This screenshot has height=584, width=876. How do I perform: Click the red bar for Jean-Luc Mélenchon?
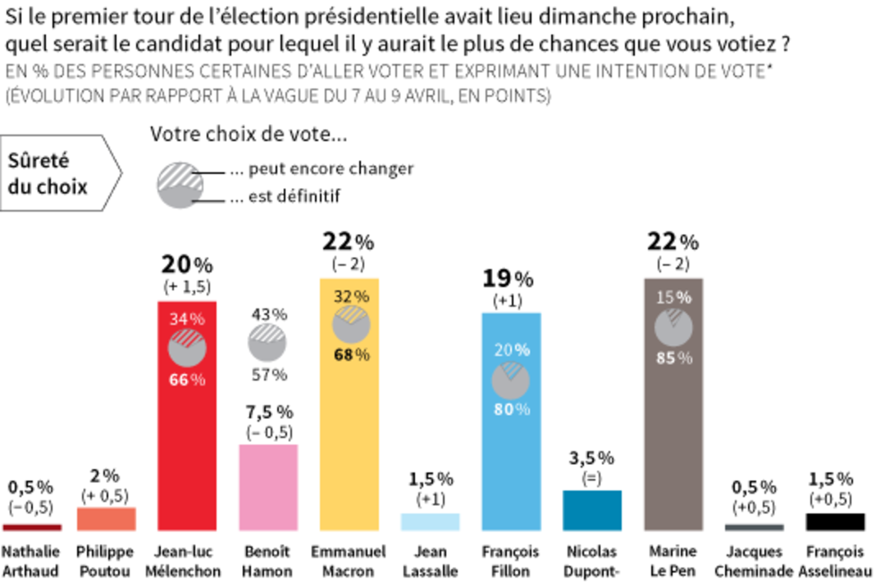point(186,459)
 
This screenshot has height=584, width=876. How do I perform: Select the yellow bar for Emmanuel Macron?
point(349,459)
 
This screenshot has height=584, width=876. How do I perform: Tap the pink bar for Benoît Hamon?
point(268,487)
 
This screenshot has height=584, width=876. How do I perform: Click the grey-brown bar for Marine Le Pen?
point(673,459)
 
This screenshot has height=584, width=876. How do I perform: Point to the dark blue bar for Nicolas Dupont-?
point(592,510)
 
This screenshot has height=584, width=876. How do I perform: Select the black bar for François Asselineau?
point(836,522)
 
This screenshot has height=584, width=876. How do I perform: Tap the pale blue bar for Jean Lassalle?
point(430,522)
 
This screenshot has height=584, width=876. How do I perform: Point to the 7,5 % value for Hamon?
point(268,413)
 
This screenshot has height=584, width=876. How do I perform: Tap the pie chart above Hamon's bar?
point(268,344)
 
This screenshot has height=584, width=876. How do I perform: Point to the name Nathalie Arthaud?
point(31,561)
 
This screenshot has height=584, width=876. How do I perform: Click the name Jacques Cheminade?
point(754,561)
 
